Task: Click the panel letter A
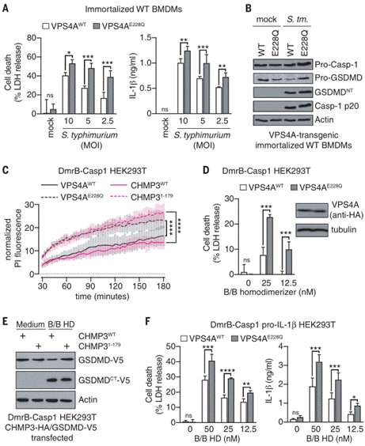[x=7, y=7]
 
